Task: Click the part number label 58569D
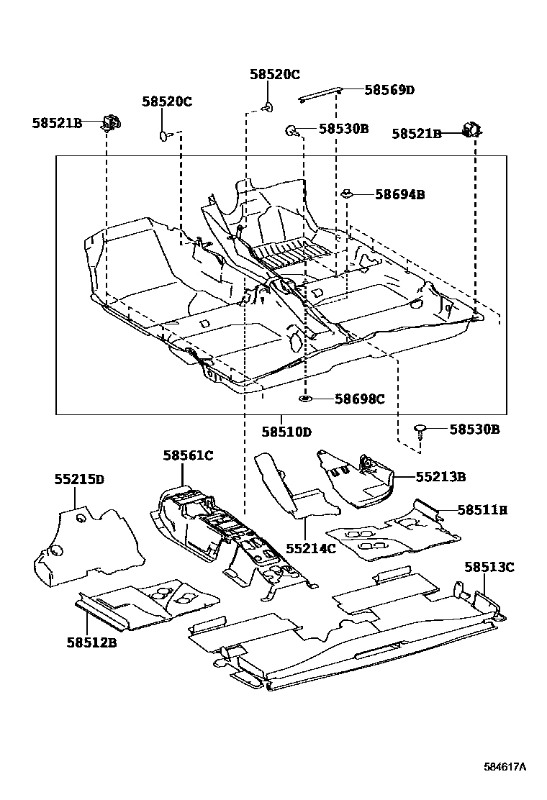pyautogui.click(x=389, y=90)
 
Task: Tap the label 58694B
pyautogui.click(x=399, y=194)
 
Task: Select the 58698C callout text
pyautogui.click(x=359, y=399)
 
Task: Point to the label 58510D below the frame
pyautogui.click(x=286, y=432)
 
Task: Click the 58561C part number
pyautogui.click(x=188, y=455)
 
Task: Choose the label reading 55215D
pyautogui.click(x=79, y=479)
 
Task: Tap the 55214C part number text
pyautogui.click(x=311, y=548)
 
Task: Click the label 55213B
pyautogui.click(x=440, y=476)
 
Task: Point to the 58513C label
pyautogui.click(x=489, y=567)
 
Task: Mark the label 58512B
pyautogui.click(x=91, y=642)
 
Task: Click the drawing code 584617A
pyautogui.click(x=504, y=767)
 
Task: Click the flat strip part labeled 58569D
pyautogui.click(x=320, y=94)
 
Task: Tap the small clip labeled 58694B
pyautogui.click(x=346, y=193)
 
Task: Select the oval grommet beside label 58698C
pyautogui.click(x=305, y=398)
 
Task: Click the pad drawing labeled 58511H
pyautogui.click(x=392, y=532)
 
